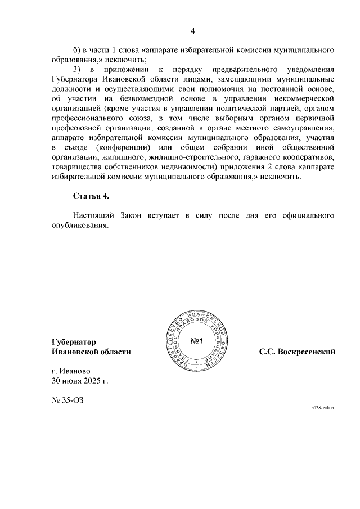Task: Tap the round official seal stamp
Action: pyautogui.click(x=196, y=341)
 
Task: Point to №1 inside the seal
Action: pyautogui.click(x=197, y=341)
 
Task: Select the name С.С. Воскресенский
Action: pyautogui.click(x=298, y=352)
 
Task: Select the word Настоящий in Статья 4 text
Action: pyautogui.click(x=93, y=215)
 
